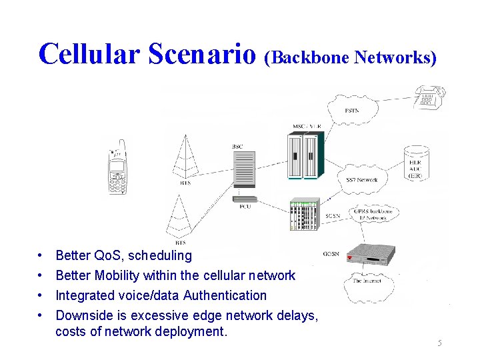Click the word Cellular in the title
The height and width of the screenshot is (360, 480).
(x=90, y=53)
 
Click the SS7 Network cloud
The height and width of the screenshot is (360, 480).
(x=362, y=179)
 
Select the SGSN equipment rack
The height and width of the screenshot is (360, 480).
(x=304, y=213)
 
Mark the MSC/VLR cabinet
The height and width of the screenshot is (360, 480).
(x=304, y=155)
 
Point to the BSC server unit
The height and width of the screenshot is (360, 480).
(x=244, y=169)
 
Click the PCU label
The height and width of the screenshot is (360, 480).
(x=245, y=207)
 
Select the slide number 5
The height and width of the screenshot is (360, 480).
(x=439, y=343)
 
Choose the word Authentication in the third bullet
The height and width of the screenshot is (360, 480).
(x=225, y=295)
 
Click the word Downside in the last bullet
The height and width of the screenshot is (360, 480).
(x=85, y=315)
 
